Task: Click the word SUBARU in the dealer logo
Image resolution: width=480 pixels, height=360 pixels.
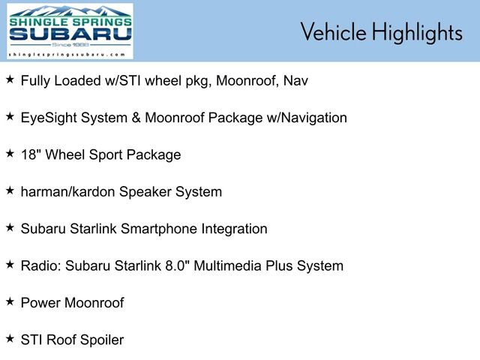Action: [70, 34]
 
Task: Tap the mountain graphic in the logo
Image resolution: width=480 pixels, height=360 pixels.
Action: [70, 11]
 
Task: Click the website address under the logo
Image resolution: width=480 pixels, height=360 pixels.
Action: [67, 55]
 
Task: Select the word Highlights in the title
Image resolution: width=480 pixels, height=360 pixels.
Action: [417, 33]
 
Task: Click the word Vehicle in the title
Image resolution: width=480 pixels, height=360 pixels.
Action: [333, 31]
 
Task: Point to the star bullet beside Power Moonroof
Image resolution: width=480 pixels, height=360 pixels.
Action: [10, 301]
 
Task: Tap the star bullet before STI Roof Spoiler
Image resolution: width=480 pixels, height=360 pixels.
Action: [10, 338]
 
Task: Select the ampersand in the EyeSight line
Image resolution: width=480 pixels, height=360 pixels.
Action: [136, 118]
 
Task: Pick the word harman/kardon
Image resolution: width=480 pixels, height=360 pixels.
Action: [67, 192]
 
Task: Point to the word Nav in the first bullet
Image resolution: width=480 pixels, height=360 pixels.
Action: [295, 81]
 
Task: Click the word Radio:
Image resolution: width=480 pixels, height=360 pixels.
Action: [41, 265]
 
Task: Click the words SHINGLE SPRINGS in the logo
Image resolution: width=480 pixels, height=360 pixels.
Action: [70, 22]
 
